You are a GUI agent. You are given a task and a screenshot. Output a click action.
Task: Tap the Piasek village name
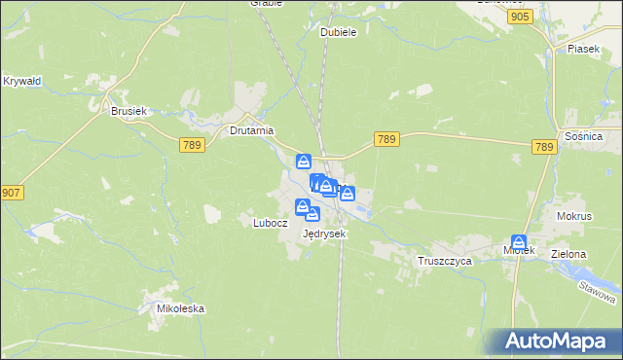(x=583, y=48)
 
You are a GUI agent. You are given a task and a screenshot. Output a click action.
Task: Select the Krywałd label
(x=21, y=81)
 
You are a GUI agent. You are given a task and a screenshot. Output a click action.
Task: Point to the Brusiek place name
(x=128, y=112)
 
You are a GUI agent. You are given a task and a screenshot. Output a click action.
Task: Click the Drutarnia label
(x=251, y=129)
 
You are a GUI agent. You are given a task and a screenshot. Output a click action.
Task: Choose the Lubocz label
(x=271, y=222)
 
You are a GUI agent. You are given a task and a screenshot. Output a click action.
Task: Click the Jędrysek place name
(x=325, y=234)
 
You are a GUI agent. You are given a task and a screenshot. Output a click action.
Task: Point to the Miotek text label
(x=519, y=251)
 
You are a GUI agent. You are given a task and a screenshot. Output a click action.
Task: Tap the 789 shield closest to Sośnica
(x=544, y=147)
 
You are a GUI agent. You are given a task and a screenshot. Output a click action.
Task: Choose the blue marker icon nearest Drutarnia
(x=304, y=161)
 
